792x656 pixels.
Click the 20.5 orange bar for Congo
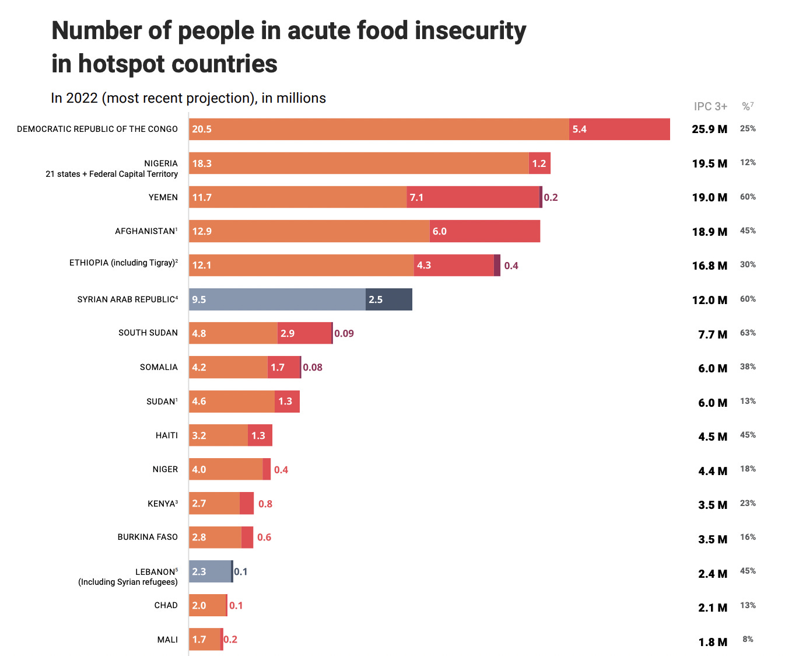[x=379, y=129]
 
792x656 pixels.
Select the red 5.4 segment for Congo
[x=619, y=129]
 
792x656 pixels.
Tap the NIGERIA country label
[x=161, y=163]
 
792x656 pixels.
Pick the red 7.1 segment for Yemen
[x=473, y=197]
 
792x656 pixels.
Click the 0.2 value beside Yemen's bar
[x=551, y=197]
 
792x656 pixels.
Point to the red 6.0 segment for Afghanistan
[x=485, y=231]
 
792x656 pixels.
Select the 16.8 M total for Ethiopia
[x=709, y=266]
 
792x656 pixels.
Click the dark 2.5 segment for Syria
[x=389, y=299]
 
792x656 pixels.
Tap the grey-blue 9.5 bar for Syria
[x=277, y=299]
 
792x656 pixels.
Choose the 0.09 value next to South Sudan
[x=344, y=333]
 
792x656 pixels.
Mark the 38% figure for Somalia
[x=748, y=367]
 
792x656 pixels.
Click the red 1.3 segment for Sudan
[x=287, y=402]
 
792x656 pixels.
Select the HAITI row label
[x=167, y=435]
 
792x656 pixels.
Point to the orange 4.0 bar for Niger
[x=226, y=469]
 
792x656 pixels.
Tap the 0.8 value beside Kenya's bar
[x=265, y=504]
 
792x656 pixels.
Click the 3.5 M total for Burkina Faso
[x=713, y=539]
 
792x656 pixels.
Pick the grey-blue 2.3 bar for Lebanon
[x=210, y=571]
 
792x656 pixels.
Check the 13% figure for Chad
[x=748, y=605]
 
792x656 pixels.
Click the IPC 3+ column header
[x=710, y=106]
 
